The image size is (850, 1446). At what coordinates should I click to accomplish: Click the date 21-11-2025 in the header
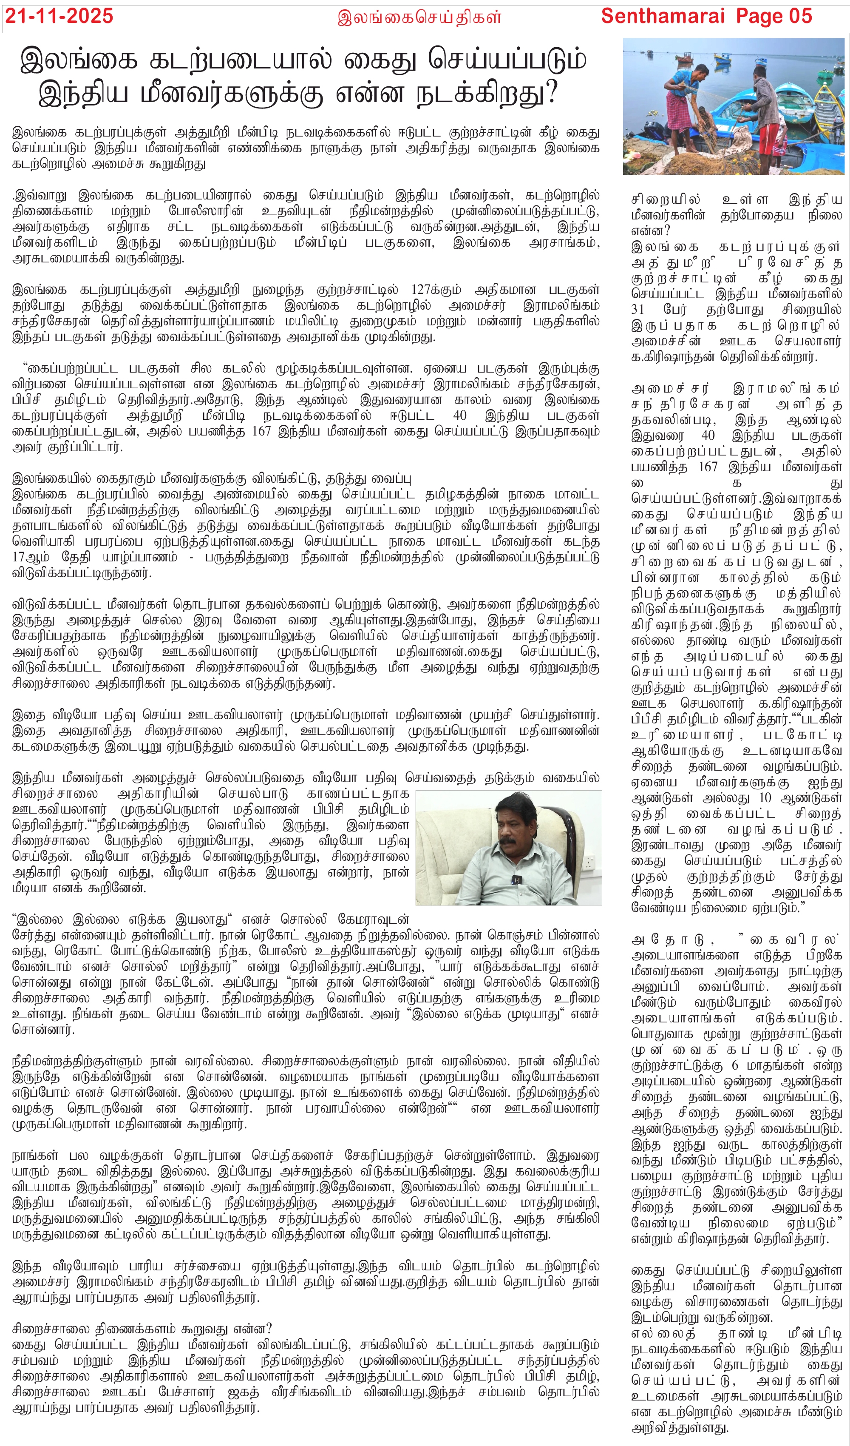pyautogui.click(x=59, y=16)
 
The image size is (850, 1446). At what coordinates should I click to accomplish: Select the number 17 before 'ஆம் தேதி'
pyautogui.click(x=20, y=557)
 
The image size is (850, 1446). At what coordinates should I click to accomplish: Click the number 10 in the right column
pyautogui.click(x=766, y=798)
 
